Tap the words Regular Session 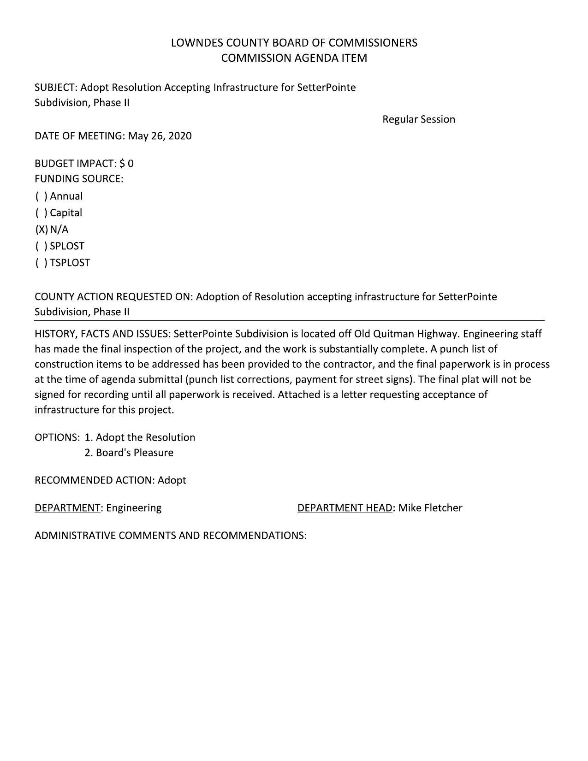coord(418,119)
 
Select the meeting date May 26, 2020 coord(160,136)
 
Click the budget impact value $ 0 coord(126,164)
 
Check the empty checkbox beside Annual coord(41,196)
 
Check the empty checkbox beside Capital coord(41,213)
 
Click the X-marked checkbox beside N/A coord(41,230)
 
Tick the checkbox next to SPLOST coord(41,246)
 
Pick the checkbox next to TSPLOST coord(41,263)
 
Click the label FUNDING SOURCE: coord(79,179)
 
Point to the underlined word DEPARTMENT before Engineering coord(67,508)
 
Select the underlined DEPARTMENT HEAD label coord(344,508)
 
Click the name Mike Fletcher coord(430,508)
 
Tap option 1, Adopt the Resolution coord(140,437)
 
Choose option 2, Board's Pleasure coord(129,453)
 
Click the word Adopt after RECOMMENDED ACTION coord(172,480)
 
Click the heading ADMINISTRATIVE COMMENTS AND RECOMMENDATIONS coord(170,536)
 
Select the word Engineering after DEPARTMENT coord(134,508)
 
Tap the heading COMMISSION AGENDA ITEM coord(294,58)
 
